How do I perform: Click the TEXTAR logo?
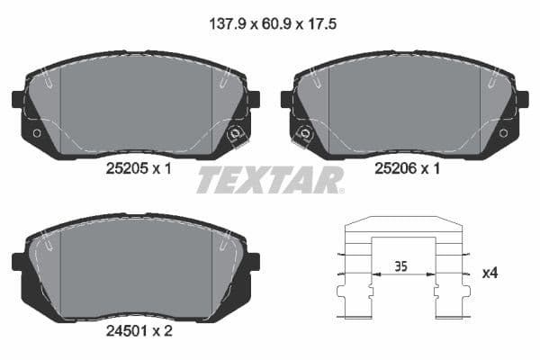pyautogui.click(x=269, y=180)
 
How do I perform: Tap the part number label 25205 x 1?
pyautogui.click(x=137, y=167)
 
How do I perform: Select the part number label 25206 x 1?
pyautogui.click(x=406, y=167)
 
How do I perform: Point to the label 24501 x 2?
pyautogui.click(x=137, y=329)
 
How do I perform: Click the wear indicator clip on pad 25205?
pyautogui.click(x=237, y=136)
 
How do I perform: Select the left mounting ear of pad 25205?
pyautogui.click(x=18, y=99)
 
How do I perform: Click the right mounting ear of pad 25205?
pyautogui.click(x=253, y=99)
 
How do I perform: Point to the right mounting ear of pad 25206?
pyautogui.click(x=523, y=99)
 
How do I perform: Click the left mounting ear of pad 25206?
pyautogui.click(x=287, y=99)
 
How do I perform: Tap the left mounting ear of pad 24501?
pyautogui.click(x=18, y=261)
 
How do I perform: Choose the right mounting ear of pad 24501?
pyautogui.click(x=253, y=261)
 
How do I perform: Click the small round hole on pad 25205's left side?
pyautogui.click(x=36, y=133)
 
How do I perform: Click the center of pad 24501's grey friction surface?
pyautogui.click(x=135, y=265)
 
